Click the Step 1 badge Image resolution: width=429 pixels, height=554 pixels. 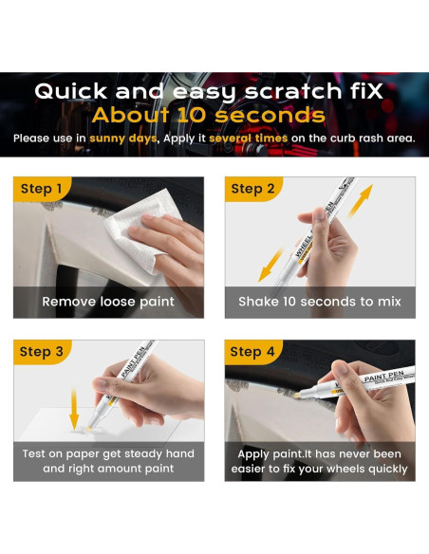41,189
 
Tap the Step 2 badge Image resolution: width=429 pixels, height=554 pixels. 252,189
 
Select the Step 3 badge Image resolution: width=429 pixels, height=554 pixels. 41,352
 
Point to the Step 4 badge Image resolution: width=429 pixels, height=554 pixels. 252,352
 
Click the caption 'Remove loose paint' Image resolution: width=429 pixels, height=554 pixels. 108,302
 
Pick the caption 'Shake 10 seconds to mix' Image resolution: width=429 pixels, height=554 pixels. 320,302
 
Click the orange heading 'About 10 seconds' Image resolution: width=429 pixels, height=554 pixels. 208,116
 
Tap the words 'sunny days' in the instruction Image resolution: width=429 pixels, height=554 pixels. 122,138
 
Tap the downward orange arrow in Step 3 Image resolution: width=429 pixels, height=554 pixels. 74,408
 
